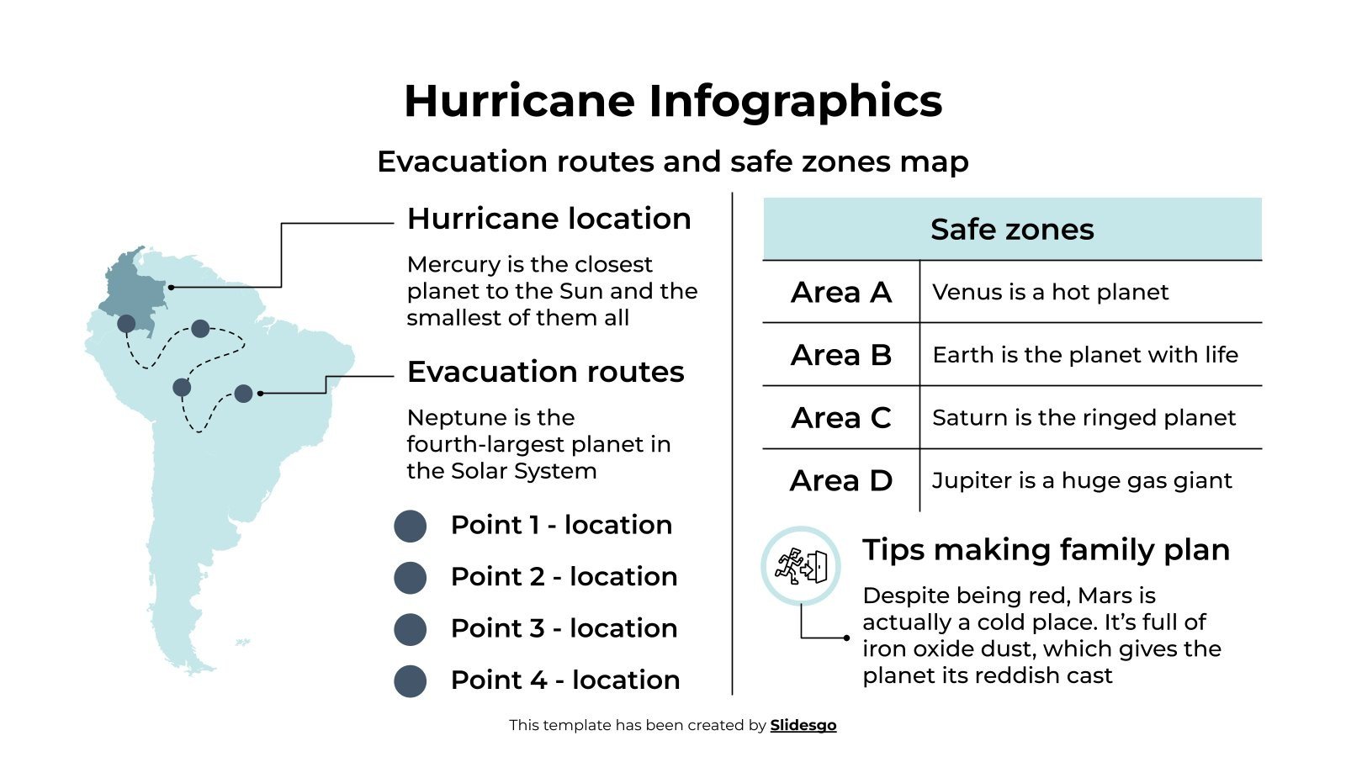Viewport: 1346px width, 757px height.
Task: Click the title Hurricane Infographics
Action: (x=673, y=101)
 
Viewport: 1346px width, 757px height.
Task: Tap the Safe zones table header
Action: (x=1012, y=229)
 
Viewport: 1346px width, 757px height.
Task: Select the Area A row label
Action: (x=840, y=292)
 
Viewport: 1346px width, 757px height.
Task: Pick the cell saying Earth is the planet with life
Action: (x=1085, y=355)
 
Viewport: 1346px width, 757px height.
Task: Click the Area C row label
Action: (x=840, y=418)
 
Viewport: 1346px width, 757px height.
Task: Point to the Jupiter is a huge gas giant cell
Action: (x=1082, y=480)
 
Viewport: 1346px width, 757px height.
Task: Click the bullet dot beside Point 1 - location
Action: (x=411, y=526)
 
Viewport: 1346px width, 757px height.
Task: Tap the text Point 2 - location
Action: (x=564, y=577)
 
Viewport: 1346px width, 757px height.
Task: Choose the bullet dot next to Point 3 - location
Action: (x=411, y=629)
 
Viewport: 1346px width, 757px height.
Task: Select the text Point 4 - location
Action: (x=565, y=680)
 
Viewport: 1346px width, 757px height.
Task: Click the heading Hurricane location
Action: (x=548, y=219)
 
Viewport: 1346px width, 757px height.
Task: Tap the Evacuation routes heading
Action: (x=545, y=372)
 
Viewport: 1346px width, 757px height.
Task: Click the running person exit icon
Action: (x=801, y=566)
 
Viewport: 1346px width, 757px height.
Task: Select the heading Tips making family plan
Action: (x=1046, y=550)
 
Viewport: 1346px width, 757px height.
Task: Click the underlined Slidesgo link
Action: (x=803, y=725)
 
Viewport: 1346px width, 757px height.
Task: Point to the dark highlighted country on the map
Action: (x=135, y=286)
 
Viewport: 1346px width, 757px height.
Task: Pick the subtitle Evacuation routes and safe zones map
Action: (x=673, y=161)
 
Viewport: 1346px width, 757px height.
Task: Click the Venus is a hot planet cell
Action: (x=1050, y=292)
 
